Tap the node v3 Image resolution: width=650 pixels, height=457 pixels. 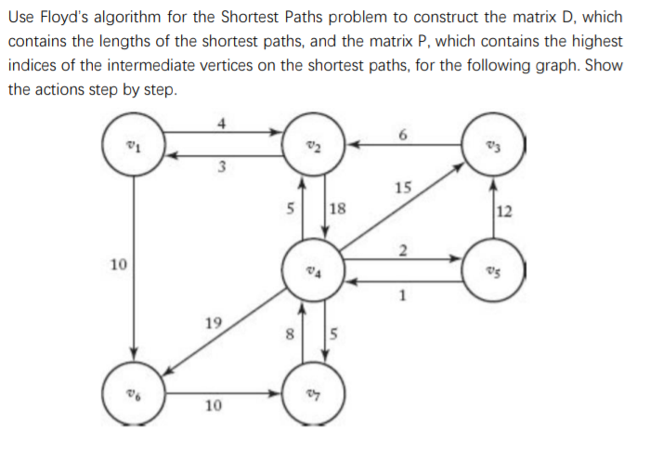[494, 145]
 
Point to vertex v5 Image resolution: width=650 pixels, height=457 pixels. [494, 268]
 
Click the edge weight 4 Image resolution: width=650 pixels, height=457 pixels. [221, 121]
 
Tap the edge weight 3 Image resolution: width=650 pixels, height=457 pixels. [221, 167]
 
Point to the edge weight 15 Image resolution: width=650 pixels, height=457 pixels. [402, 189]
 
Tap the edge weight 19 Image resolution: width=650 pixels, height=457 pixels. [213, 323]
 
